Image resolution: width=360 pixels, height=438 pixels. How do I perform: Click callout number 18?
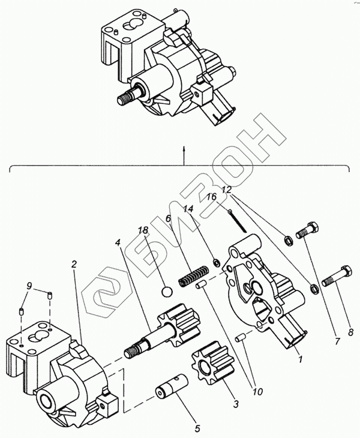pos(142,230)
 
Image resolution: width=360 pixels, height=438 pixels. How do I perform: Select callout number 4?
pos(118,243)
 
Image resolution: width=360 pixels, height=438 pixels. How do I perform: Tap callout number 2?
pos(74,264)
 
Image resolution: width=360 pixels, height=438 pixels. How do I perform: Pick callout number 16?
pos(211,197)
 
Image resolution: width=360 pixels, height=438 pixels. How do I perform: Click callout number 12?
pos(227,190)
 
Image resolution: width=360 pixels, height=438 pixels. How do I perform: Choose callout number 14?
pos(188,209)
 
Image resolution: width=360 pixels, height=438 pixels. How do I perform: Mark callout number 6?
pos(169,220)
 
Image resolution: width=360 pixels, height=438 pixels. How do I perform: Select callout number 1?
pos(299,359)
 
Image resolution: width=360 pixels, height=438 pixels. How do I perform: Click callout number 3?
pos(236,404)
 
